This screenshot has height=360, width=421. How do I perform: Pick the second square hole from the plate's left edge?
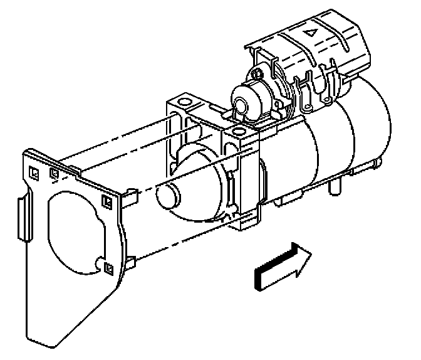(55, 173)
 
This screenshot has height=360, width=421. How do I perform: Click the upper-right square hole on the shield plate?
(106, 201)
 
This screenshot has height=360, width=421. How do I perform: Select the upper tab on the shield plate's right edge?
(132, 196)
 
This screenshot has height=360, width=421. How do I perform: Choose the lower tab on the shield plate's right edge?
(129, 262)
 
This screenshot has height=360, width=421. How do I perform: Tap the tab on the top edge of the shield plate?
(71, 168)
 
